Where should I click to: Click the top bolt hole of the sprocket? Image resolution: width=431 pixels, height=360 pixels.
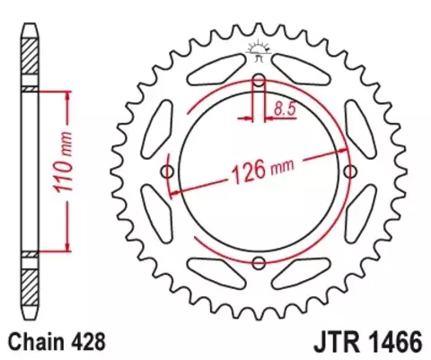click(x=259, y=83)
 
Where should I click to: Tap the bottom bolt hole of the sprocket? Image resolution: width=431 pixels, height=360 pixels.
click(x=259, y=262)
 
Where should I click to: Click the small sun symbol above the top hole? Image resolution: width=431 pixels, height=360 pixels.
click(x=259, y=49)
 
